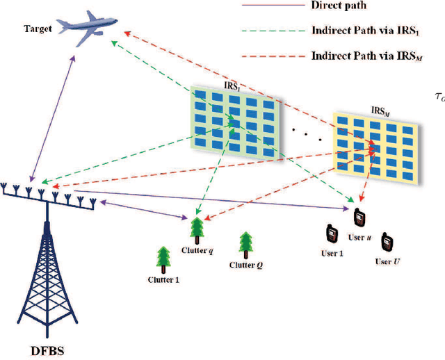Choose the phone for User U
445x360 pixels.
[387, 244]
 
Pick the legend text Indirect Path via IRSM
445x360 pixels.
[362, 56]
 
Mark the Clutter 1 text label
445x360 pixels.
[164, 280]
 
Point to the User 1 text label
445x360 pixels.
[331, 253]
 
